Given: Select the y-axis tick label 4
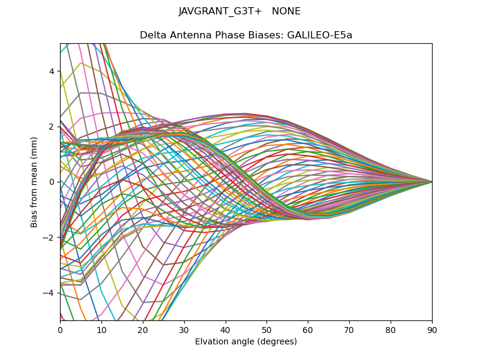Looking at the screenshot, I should (52, 71).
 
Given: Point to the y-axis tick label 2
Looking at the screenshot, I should (52, 127).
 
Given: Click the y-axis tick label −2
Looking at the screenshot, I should (50, 237).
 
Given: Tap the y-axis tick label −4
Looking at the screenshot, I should (50, 293).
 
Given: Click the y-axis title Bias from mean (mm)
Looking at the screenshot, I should (35, 181).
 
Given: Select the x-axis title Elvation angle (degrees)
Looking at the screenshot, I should (246, 342).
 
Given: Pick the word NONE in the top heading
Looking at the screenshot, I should (286, 11).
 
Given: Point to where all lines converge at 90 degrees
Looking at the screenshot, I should (431, 181).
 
